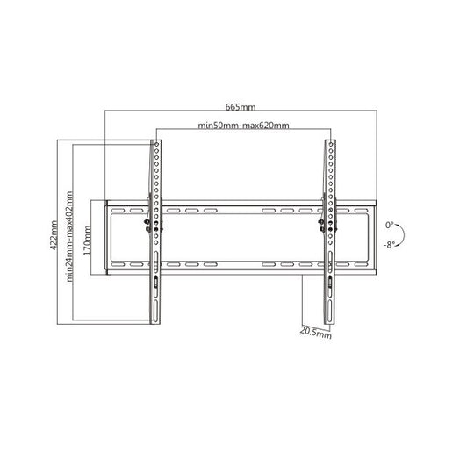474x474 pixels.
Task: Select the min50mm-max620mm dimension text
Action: pos(243,127)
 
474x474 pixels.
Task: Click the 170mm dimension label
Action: pos(88,237)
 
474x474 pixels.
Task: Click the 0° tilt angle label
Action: pos(389,225)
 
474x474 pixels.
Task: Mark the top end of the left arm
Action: pos(155,143)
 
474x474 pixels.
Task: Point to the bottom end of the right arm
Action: pos(329,321)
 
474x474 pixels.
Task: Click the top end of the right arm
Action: pos(329,143)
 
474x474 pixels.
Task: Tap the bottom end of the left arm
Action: pos(155,321)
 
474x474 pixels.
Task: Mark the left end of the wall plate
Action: pos(106,237)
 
